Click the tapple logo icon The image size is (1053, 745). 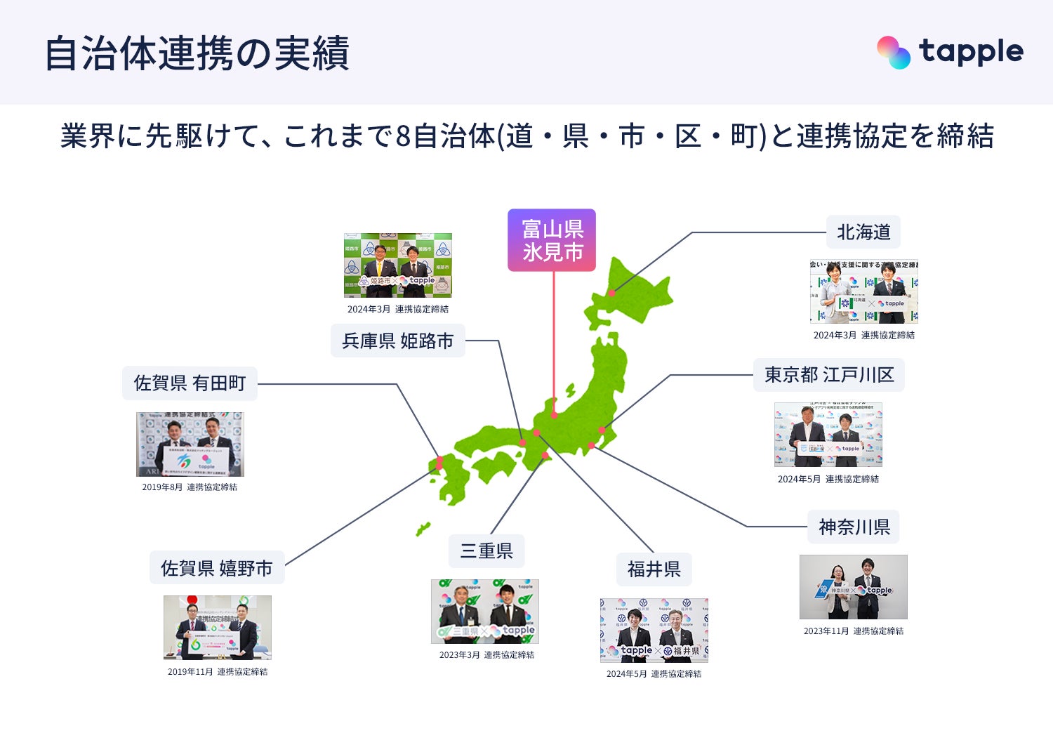click(894, 53)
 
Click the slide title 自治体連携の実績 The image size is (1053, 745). click(197, 53)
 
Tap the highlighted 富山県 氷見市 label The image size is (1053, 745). click(552, 240)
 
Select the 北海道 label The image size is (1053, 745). click(863, 232)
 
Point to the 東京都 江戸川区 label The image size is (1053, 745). click(828, 375)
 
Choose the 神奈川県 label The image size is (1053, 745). click(854, 527)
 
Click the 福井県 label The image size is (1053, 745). click(654, 569)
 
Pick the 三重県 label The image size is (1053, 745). click(486, 551)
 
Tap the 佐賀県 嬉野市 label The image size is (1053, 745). click(217, 568)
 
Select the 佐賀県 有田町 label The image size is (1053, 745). click(190, 383)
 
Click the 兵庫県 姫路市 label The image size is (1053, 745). click(397, 341)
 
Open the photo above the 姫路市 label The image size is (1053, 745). click(397, 265)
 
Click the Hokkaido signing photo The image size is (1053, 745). click(863, 291)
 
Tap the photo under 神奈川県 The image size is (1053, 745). click(853, 587)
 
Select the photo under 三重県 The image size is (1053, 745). click(485, 612)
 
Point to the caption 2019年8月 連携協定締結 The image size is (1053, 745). click(190, 487)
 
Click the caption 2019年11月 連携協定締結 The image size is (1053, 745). click(218, 672)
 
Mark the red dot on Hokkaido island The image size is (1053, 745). click(612, 293)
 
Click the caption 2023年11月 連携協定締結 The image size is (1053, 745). click(854, 631)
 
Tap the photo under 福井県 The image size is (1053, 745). click(654, 630)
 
